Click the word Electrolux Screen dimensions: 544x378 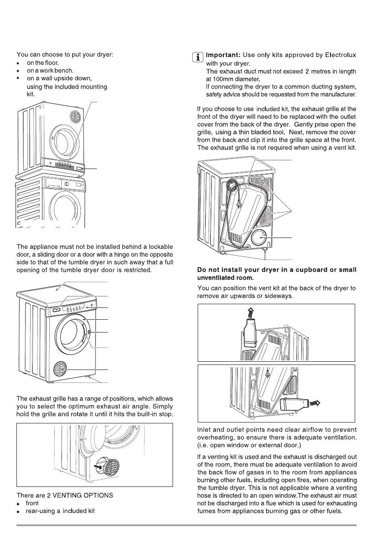click(x=340, y=55)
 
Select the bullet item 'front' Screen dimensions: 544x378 click(x=33, y=503)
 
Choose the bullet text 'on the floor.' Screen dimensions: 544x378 click(x=43, y=63)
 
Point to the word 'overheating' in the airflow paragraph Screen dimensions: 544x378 click(x=216, y=437)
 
